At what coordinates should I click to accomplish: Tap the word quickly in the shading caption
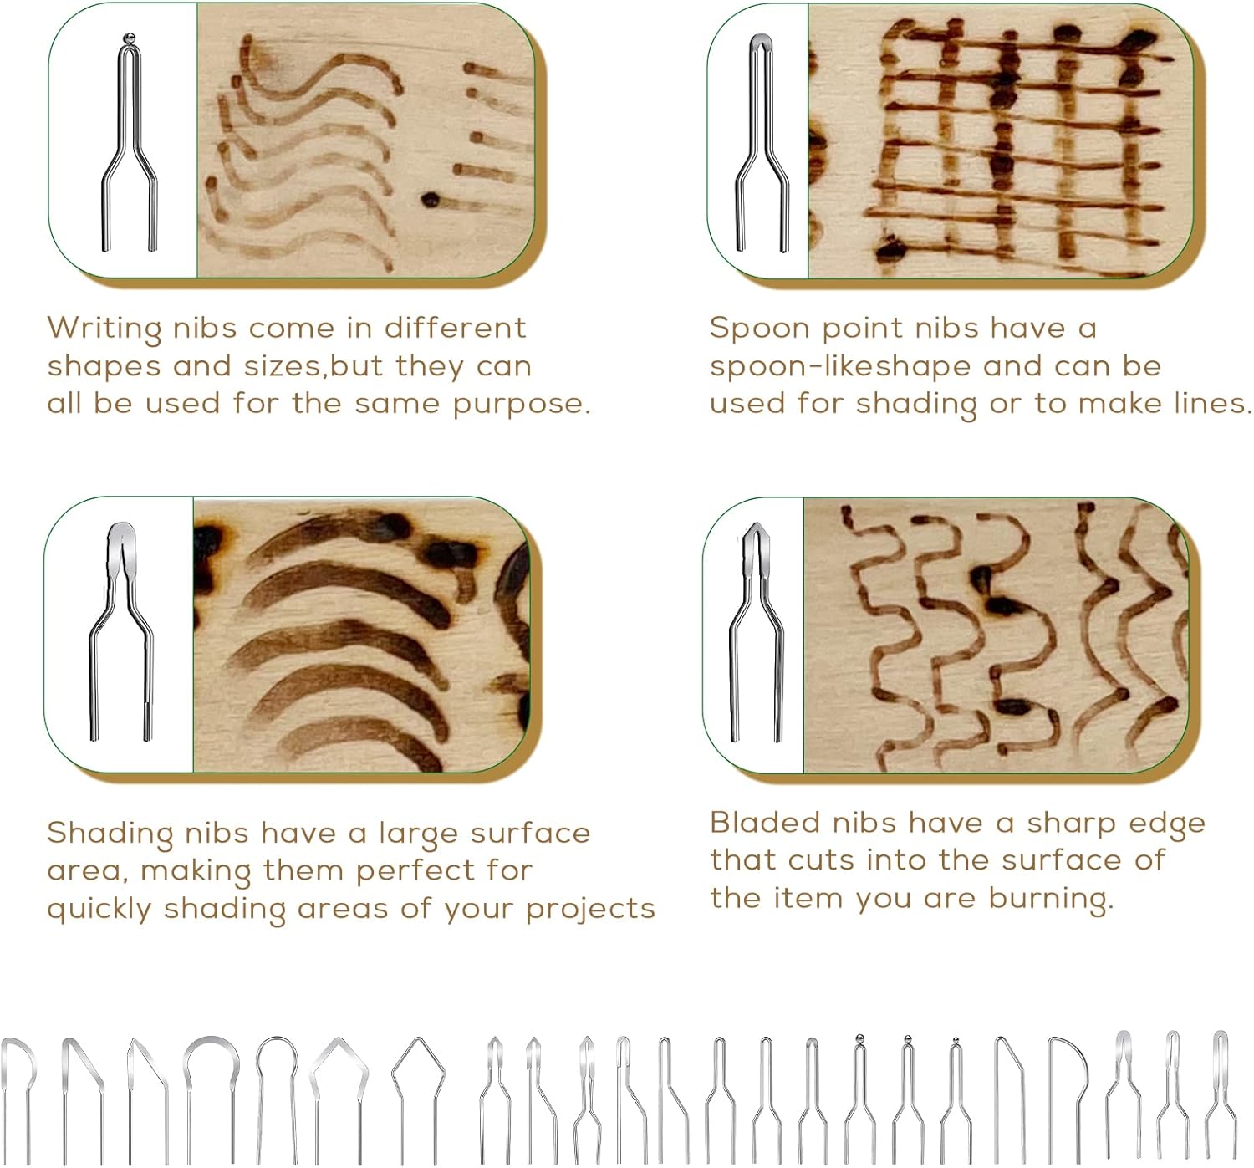(x=99, y=910)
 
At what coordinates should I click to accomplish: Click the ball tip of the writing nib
(x=129, y=38)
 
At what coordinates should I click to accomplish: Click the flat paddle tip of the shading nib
(x=122, y=535)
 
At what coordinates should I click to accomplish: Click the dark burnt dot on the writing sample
(x=431, y=200)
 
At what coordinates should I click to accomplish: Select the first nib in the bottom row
(x=18, y=1087)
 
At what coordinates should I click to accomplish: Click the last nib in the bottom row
(x=1221, y=1087)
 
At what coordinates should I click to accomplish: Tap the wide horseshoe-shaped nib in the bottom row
(x=212, y=1079)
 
